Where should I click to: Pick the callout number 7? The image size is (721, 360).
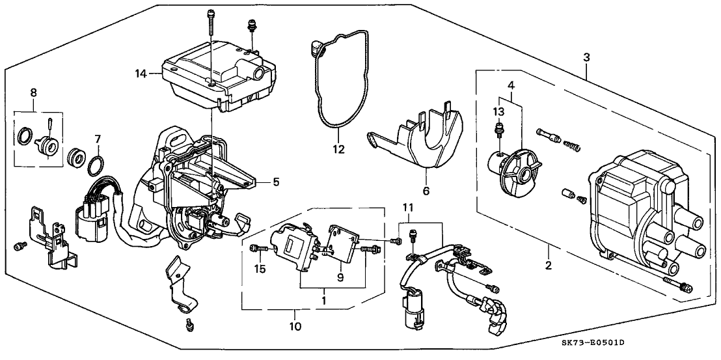[97, 138]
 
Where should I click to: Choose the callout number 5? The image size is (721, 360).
[276, 183]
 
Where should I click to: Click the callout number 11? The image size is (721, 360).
[408, 206]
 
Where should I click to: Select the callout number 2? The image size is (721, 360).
[548, 266]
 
